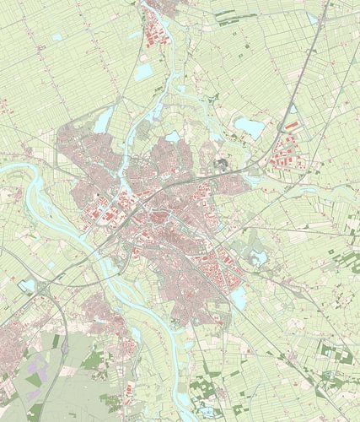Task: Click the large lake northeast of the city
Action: pyautogui.click(x=249, y=127)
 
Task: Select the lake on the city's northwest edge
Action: pyautogui.click(x=102, y=124)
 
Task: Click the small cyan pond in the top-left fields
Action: pyautogui.click(x=56, y=37)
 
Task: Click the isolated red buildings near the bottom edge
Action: pyautogui.click(x=129, y=392)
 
